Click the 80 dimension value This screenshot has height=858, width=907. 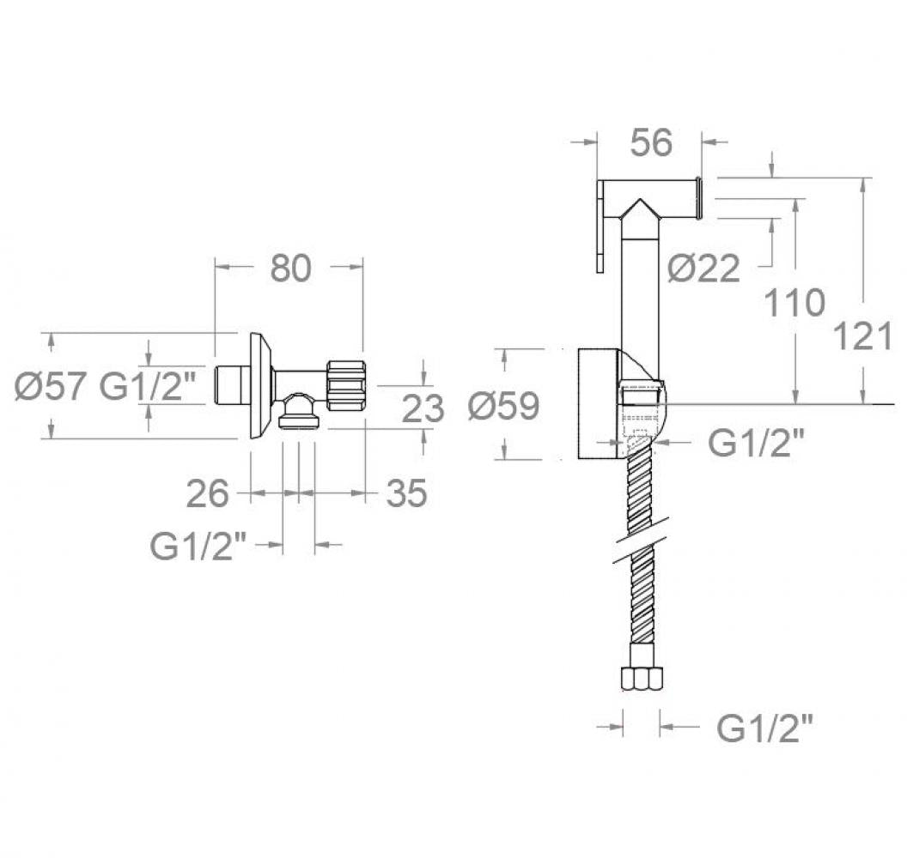tap(290, 268)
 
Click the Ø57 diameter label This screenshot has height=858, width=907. tap(51, 386)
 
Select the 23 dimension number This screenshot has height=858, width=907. tap(423, 408)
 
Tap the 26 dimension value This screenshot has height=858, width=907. tap(208, 493)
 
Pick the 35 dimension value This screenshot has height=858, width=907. tap(406, 493)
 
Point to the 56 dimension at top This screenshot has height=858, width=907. tap(651, 142)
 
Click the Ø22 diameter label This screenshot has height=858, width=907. tap(703, 268)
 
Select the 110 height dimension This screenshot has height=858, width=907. tap(794, 302)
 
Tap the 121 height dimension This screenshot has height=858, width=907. tap(862, 336)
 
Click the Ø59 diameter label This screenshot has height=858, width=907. tap(503, 405)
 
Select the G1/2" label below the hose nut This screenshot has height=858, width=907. tap(764, 728)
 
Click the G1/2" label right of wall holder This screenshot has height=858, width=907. tap(757, 443)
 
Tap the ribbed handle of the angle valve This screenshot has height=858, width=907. tap(346, 385)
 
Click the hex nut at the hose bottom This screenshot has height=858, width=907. tap(642, 679)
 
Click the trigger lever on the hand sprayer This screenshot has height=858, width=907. tap(600, 226)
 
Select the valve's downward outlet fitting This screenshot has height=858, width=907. tap(299, 411)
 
